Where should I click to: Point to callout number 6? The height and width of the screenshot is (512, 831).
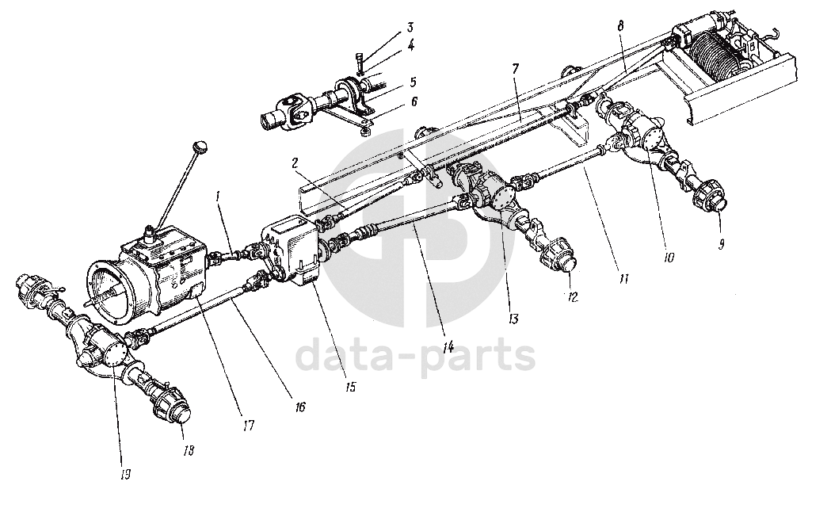(x=413, y=102)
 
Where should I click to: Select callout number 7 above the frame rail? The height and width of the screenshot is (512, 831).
(x=516, y=70)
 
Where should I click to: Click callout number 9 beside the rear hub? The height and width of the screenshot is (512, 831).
(x=722, y=245)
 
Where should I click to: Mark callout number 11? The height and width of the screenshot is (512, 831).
(x=623, y=280)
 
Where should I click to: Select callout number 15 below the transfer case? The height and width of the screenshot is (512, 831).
(x=351, y=388)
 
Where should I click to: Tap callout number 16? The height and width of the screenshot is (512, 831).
(x=299, y=407)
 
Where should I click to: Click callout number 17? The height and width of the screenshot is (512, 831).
(x=249, y=426)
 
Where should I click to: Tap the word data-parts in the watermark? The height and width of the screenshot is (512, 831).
(x=415, y=357)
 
